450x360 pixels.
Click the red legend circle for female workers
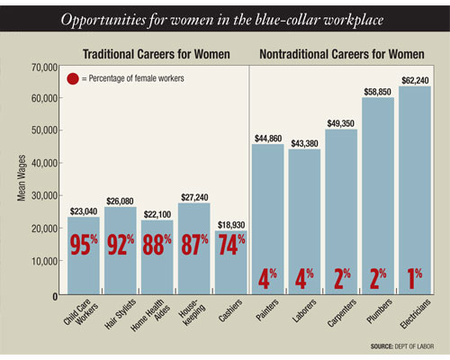pyautogui.click(x=73, y=78)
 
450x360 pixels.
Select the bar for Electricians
pyautogui.click(x=415, y=190)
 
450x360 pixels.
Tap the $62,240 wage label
pyautogui.click(x=415, y=80)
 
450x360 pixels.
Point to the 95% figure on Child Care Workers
pyautogui.click(x=84, y=245)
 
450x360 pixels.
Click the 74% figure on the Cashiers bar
pyautogui.click(x=231, y=245)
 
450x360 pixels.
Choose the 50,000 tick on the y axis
pyautogui.click(x=44, y=130)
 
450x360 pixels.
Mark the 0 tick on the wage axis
pyautogui.click(x=55, y=297)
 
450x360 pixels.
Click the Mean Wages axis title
pyautogui.click(x=22, y=178)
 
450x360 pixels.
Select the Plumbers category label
pyautogui.click(x=380, y=311)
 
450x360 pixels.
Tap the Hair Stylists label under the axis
pyautogui.click(x=120, y=314)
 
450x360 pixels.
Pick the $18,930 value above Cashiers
pyautogui.click(x=231, y=225)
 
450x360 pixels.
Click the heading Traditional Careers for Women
pyautogui.click(x=157, y=54)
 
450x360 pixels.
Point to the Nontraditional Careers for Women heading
pyautogui.click(x=342, y=54)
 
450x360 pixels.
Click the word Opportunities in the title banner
pyautogui.click(x=103, y=20)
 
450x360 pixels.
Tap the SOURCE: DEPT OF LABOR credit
pyautogui.click(x=402, y=346)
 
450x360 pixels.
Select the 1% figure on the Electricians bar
pyautogui.click(x=415, y=279)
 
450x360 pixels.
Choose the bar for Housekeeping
pyautogui.click(x=194, y=248)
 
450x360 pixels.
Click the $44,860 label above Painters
pyautogui.click(x=268, y=139)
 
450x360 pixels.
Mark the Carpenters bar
pyautogui.click(x=341, y=211)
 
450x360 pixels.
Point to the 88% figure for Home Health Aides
pyautogui.click(x=157, y=245)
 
